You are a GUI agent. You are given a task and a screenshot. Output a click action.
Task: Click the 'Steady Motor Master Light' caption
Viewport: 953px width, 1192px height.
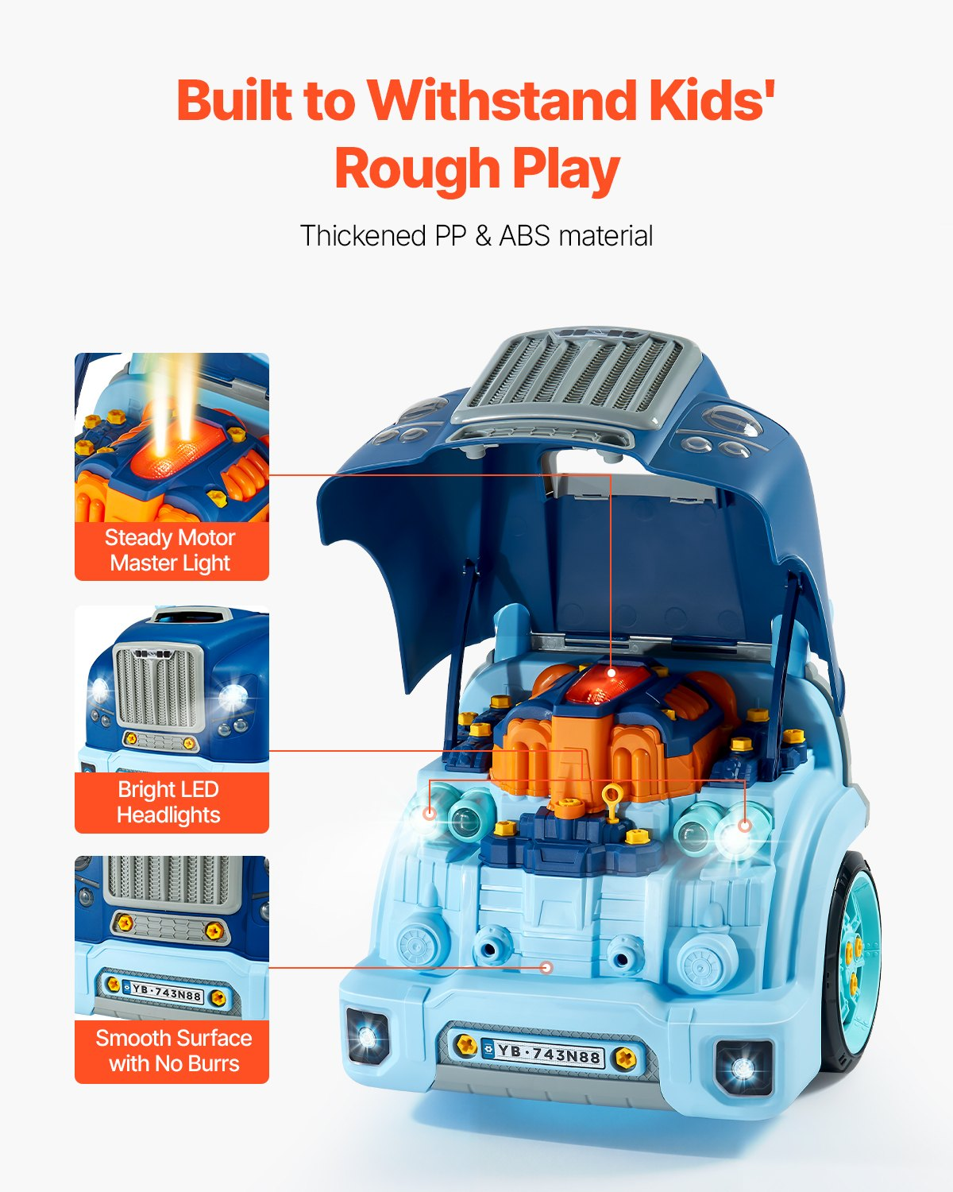[171, 551]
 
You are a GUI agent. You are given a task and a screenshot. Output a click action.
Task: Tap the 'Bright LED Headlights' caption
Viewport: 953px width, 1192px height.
[169, 802]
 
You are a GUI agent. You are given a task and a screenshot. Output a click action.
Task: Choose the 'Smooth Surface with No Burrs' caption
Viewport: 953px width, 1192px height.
[174, 1051]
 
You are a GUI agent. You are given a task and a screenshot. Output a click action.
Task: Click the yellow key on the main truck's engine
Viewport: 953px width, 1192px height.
[612, 803]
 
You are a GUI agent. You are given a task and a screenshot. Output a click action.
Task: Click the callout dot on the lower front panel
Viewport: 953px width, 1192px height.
[547, 968]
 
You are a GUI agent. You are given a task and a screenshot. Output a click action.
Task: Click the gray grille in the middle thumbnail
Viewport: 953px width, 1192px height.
[159, 687]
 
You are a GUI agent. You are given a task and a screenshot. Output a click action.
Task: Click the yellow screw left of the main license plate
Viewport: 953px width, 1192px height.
[466, 1045]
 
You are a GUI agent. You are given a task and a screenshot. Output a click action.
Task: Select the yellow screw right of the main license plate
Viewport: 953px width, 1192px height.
[625, 1058]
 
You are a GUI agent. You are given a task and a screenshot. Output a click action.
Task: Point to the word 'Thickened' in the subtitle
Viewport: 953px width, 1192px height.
[363, 235]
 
